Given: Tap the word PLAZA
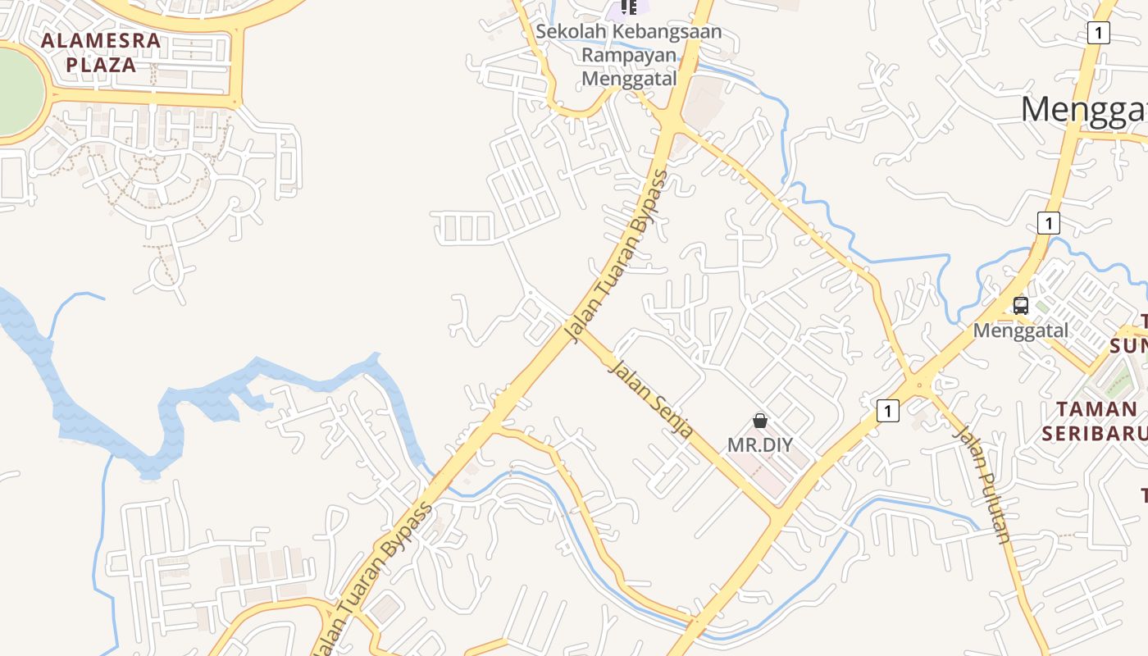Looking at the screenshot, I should [101, 65].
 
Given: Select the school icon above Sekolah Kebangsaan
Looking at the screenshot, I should [629, 7].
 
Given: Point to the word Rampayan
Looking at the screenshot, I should [629, 55].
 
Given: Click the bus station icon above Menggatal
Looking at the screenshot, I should [1021, 306].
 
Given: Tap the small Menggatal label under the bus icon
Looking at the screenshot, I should [1021, 330].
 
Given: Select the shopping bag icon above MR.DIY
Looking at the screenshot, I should [760, 421].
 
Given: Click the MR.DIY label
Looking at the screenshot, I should [760, 444].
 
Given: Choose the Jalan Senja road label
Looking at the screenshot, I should [652, 399].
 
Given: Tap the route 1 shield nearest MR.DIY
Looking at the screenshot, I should [887, 410].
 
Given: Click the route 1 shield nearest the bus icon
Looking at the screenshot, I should [1047, 222].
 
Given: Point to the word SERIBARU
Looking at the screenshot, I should [1094, 433].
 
